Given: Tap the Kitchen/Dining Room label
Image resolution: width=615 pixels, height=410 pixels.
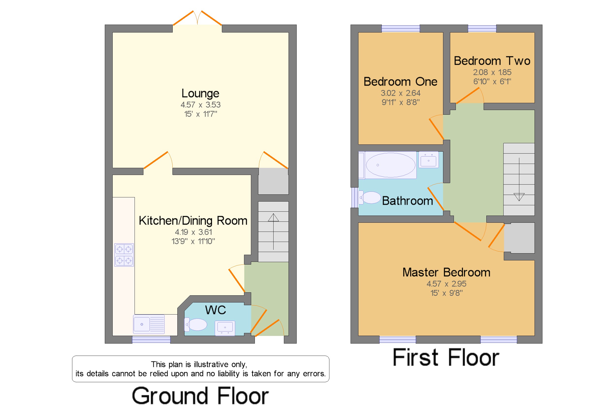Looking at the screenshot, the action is (x=193, y=221).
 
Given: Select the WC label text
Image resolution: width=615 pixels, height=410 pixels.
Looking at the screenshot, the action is (x=215, y=310).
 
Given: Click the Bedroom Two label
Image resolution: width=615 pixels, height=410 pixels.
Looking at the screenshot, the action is (x=492, y=61).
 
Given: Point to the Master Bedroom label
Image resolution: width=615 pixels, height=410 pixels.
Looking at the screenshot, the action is (x=446, y=272).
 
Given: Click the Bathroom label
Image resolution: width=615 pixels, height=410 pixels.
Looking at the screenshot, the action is (x=407, y=201).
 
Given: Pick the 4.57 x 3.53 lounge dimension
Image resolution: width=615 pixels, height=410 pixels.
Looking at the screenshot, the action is (x=200, y=105).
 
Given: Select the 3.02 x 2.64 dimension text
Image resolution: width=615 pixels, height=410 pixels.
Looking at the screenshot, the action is (x=400, y=93).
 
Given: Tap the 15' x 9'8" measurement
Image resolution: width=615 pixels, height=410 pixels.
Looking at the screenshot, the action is (x=446, y=293).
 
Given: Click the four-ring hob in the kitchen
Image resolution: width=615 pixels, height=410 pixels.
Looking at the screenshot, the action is (x=124, y=255).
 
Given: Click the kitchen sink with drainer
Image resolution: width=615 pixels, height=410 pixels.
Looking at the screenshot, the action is (x=149, y=324).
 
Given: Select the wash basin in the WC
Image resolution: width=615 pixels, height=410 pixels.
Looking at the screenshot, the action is (x=225, y=328).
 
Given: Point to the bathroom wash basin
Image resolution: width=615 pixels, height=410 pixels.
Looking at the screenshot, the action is (x=428, y=160).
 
